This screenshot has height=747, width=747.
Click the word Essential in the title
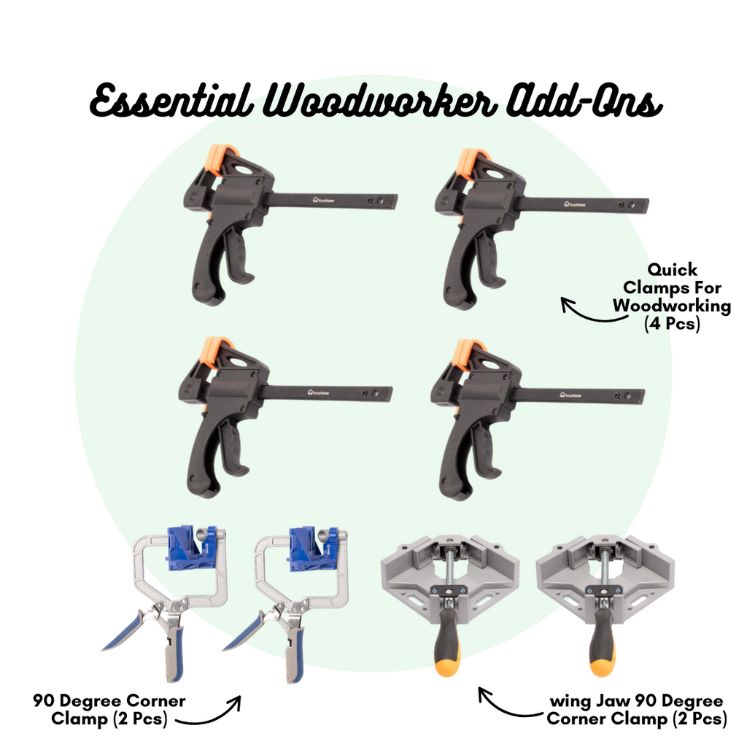pos(171,100)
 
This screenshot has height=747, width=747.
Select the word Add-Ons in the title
pos(584,100)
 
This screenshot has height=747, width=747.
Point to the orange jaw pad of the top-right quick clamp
pos(470,163)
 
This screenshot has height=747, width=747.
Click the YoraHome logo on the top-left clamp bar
pos(323,200)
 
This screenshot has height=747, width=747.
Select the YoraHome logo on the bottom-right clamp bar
pos(570,395)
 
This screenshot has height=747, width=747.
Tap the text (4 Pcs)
pos(672,324)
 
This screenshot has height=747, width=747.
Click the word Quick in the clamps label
pos(672,270)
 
